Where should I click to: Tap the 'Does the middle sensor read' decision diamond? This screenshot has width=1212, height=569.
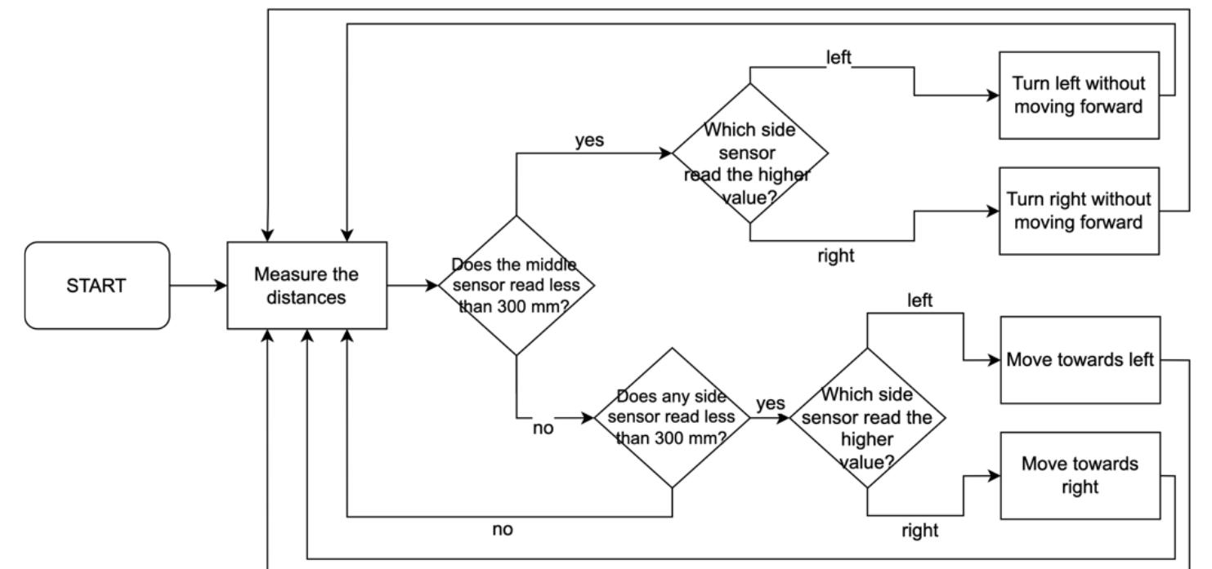[516, 286]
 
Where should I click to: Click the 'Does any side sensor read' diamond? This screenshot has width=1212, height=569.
[672, 417]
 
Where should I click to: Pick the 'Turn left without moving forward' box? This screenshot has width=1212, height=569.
[1079, 95]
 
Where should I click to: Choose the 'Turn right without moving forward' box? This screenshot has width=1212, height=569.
[1079, 211]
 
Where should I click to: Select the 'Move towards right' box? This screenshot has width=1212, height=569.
[1079, 475]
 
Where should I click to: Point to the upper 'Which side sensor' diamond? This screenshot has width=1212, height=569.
[749, 153]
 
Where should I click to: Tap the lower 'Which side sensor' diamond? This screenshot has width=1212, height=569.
[867, 417]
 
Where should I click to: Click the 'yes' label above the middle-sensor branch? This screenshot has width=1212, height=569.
[589, 140]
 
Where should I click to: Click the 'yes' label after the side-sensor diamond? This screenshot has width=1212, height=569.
[770, 404]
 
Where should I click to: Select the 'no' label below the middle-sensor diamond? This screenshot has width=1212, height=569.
[543, 428]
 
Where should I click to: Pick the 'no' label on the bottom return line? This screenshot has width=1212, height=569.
[503, 529]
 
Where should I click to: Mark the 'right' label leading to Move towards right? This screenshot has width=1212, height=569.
[919, 530]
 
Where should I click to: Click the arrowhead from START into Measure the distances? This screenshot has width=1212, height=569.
[221, 286]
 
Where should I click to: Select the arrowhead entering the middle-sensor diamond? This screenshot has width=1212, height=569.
[432, 286]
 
